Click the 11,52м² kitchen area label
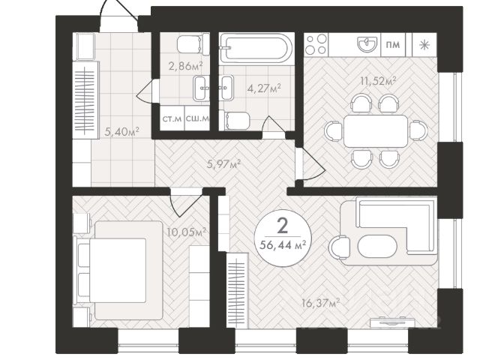[378, 81]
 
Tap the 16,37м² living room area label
[320, 303]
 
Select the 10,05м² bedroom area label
[186, 232]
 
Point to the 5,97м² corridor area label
[223, 164]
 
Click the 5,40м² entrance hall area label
[121, 132]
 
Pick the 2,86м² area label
[186, 66]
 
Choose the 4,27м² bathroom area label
[264, 88]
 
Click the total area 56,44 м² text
[283, 245]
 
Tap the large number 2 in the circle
[283, 226]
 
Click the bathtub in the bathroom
[256, 48]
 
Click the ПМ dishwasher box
[393, 45]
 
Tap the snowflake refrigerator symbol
[424, 45]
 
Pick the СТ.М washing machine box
[172, 118]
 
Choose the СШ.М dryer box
[197, 118]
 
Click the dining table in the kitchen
[376, 131]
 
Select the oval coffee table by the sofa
[378, 247]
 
